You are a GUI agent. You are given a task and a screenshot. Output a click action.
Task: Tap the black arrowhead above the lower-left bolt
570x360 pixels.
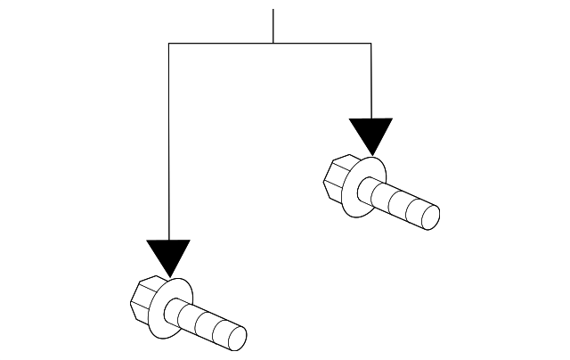[168, 254]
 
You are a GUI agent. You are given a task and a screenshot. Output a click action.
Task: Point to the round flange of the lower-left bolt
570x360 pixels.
[174, 308]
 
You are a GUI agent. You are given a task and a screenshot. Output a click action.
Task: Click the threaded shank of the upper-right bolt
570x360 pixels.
[401, 204]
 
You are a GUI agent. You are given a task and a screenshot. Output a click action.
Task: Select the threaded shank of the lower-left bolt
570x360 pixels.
[207, 324]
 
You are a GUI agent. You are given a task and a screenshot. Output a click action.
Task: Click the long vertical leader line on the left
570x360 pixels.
[168, 143]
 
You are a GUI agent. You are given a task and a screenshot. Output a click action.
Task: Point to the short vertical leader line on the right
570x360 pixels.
[370, 80]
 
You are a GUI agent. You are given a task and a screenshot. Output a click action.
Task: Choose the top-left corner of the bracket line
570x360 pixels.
[168, 43]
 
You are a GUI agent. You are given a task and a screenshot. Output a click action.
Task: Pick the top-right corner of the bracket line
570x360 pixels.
[370, 43]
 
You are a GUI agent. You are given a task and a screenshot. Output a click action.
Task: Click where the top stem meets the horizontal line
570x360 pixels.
[273, 43]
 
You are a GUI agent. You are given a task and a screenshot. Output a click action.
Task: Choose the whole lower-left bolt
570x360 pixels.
[187, 315]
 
